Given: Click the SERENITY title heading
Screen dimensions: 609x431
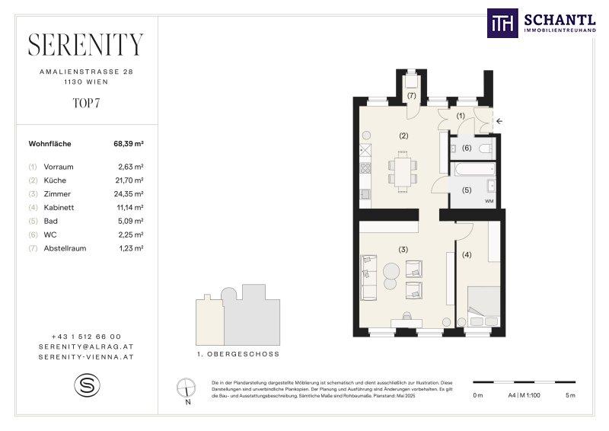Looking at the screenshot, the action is click(x=86, y=45).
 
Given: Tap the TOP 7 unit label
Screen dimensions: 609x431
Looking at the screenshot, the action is click(x=86, y=103).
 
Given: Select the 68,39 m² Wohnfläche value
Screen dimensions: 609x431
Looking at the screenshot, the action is click(x=129, y=144).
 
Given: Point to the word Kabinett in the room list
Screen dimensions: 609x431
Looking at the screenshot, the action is click(x=59, y=208).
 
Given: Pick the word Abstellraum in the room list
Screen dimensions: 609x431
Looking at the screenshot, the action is click(x=65, y=248).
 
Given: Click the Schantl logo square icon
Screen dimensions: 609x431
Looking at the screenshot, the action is click(x=502, y=24).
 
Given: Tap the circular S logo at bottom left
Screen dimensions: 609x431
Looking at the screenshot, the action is click(x=87, y=385).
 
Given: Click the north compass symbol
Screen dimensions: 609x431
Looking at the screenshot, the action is click(x=187, y=388).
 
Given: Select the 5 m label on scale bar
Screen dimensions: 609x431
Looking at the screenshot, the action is click(x=570, y=395).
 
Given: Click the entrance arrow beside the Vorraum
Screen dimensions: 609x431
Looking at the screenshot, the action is click(x=499, y=121).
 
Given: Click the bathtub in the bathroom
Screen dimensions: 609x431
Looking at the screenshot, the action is click(x=474, y=169).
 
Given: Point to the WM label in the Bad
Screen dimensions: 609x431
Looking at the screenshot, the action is click(x=489, y=201).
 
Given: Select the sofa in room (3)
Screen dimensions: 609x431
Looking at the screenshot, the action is click(x=368, y=277).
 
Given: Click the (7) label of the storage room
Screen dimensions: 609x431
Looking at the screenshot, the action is click(x=411, y=95).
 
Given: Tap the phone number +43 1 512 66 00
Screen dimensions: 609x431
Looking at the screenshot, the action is click(x=86, y=337).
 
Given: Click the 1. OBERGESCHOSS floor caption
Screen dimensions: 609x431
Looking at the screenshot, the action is click(x=238, y=354).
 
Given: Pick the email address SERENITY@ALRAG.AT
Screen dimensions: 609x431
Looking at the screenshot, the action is click(x=86, y=346).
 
